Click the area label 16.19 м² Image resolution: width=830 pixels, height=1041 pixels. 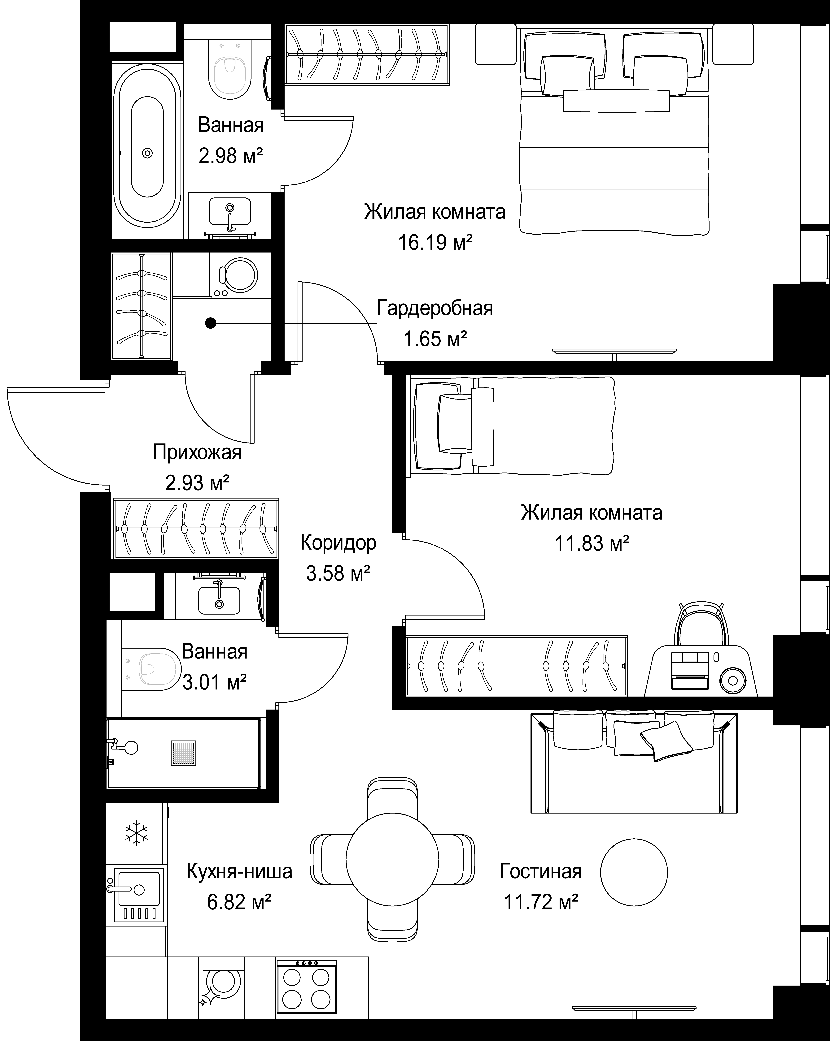(435, 242)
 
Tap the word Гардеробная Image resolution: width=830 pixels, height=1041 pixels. (435, 308)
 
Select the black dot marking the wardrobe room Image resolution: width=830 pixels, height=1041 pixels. (210, 322)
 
